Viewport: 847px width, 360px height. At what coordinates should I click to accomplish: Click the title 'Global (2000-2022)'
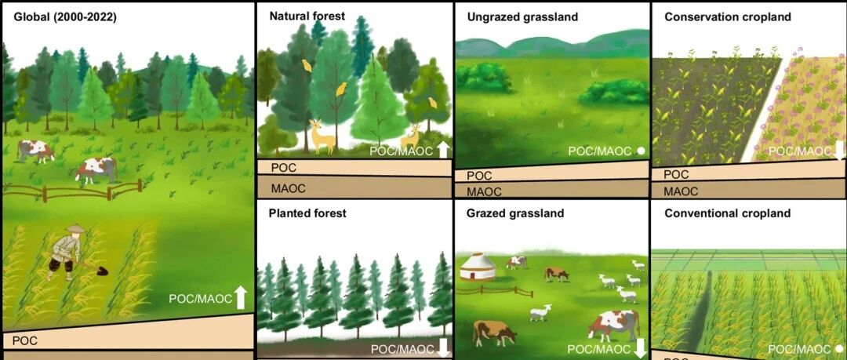65,16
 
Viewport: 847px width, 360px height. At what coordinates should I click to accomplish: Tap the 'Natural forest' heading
307,16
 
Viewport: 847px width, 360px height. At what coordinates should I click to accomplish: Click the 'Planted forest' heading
307,213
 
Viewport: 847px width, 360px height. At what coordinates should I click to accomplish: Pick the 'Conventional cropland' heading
728,213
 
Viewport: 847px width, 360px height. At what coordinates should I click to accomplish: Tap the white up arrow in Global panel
241,298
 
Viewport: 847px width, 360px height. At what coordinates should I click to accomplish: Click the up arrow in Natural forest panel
442,150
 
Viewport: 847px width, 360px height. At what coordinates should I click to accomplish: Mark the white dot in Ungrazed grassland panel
642,151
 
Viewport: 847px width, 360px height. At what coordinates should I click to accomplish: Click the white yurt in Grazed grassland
478,267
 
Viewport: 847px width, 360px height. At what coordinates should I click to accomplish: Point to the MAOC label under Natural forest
289,189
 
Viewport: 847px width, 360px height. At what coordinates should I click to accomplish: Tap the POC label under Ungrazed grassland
480,176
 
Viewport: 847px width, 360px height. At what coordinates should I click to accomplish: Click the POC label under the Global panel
25,340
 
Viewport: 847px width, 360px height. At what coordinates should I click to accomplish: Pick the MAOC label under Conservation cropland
682,191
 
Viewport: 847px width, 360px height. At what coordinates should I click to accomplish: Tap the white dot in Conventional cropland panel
839,349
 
